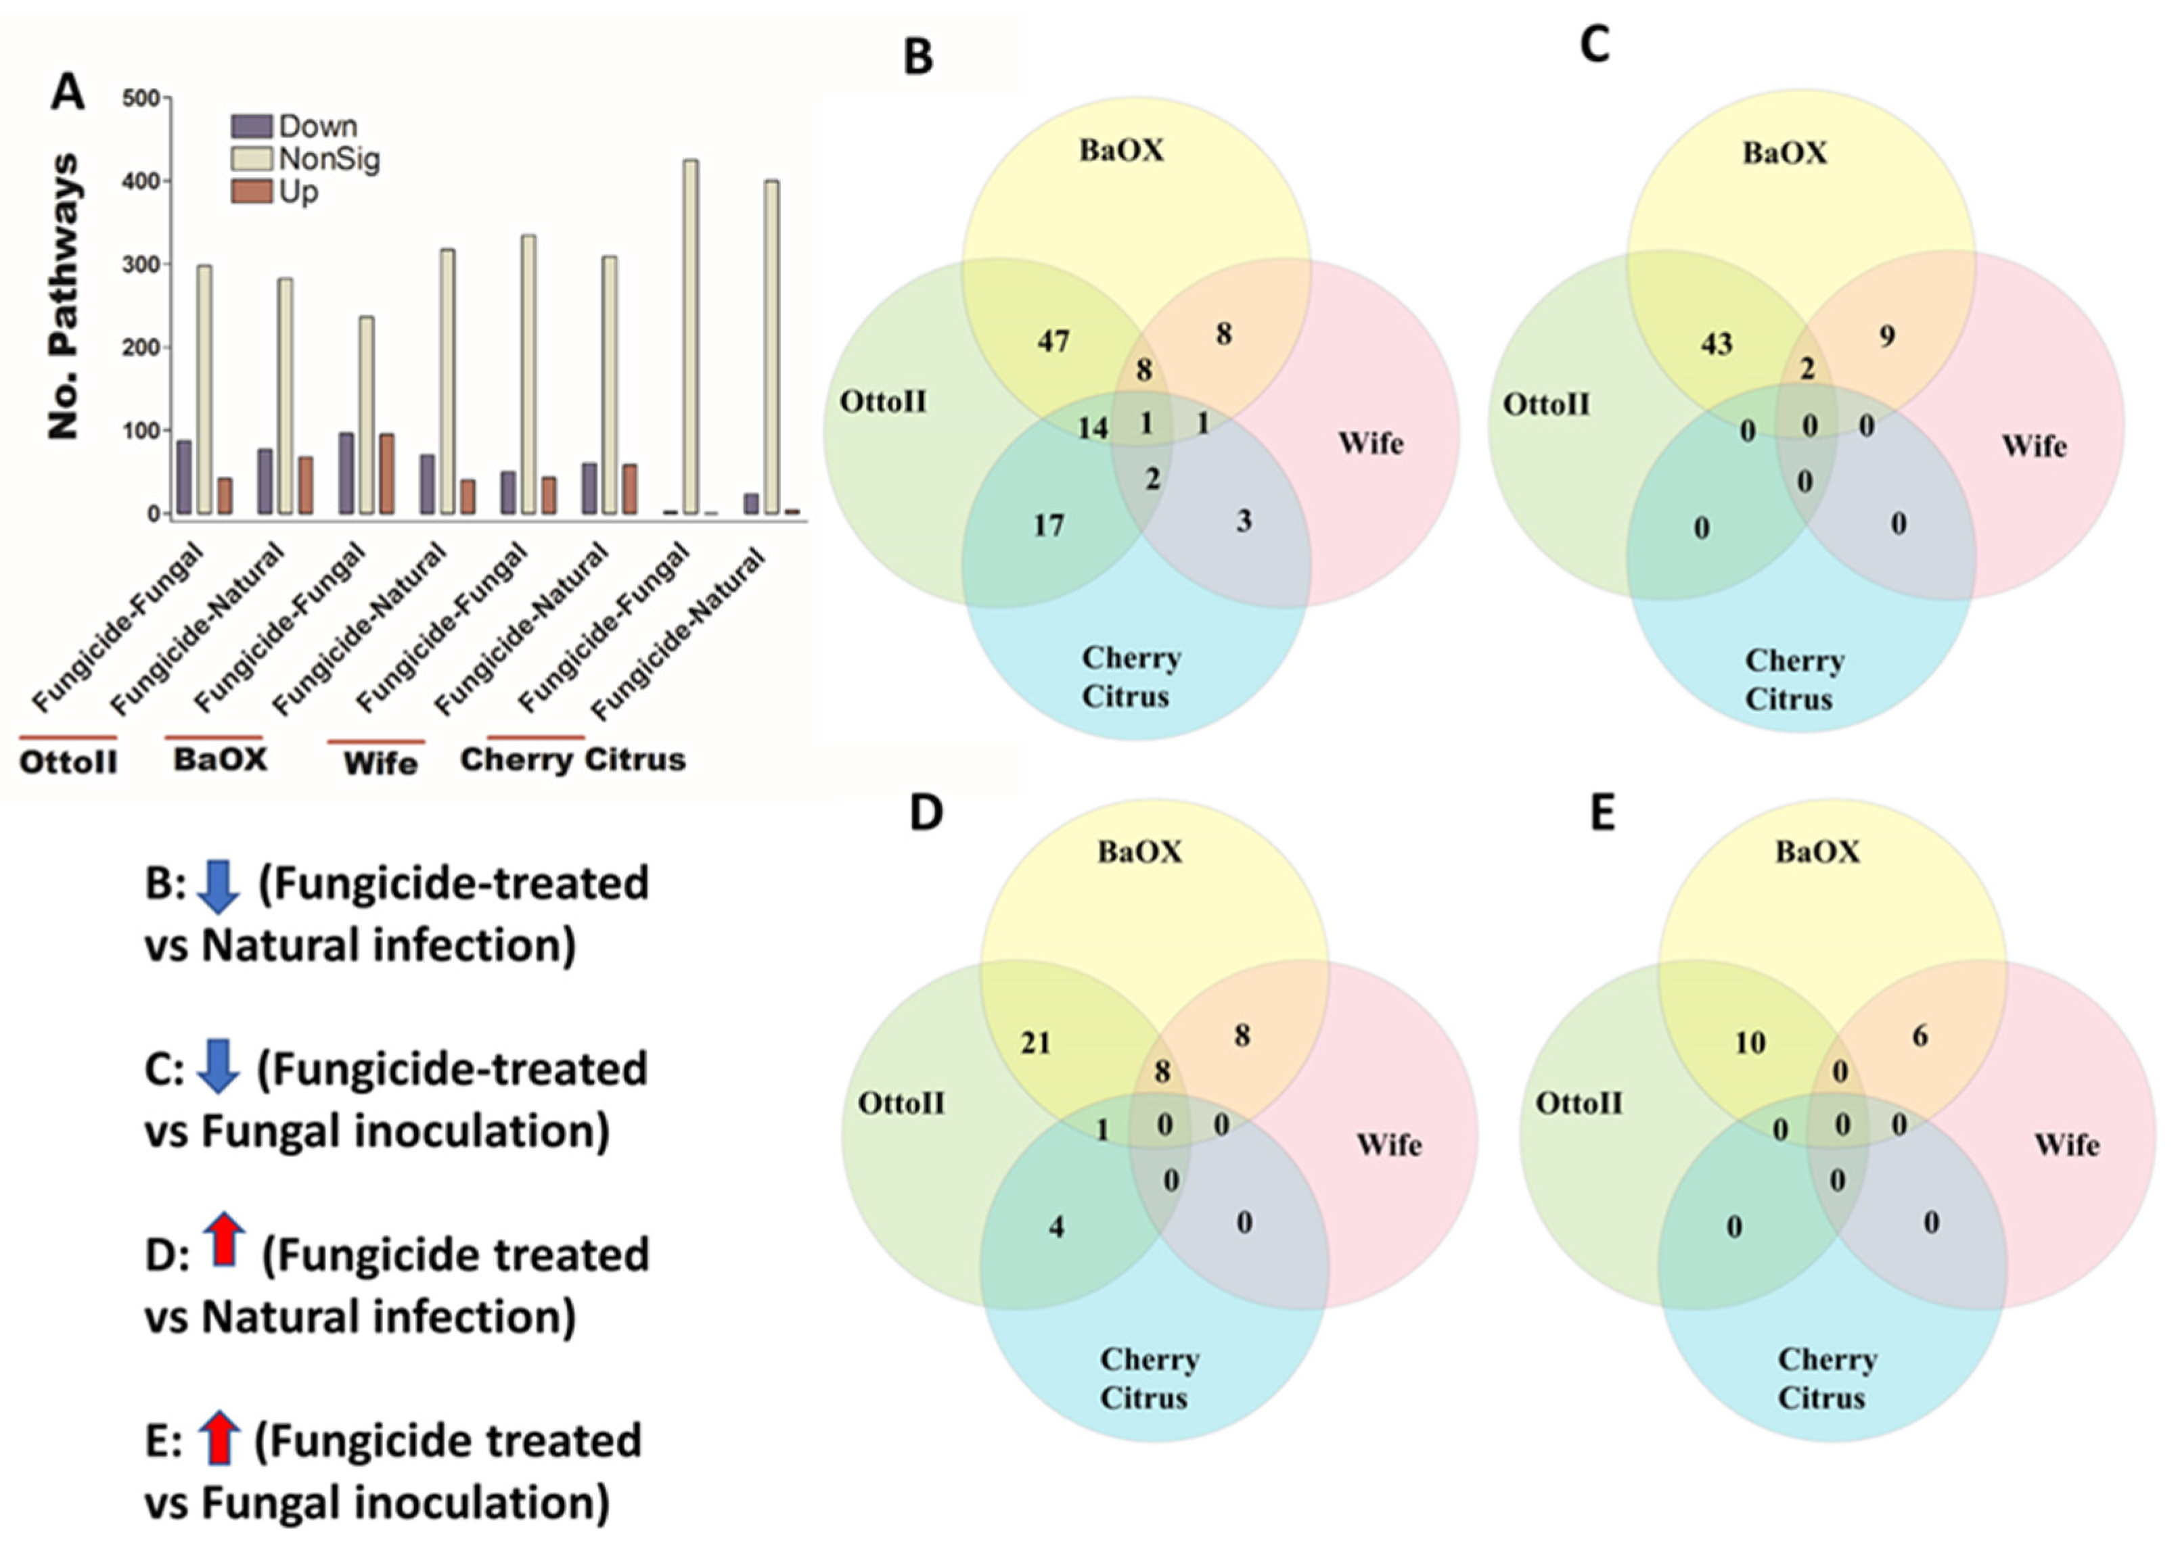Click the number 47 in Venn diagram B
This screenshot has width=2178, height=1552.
[x=1053, y=342]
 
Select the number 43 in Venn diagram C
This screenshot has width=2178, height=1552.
[x=1716, y=344]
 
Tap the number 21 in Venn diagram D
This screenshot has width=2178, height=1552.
[x=1035, y=1043]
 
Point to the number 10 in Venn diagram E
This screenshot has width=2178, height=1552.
[x=1750, y=1043]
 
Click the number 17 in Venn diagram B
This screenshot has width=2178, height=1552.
[x=1049, y=525]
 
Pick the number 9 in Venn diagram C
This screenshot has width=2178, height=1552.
[x=1886, y=336]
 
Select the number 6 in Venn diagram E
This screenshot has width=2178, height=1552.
[x=1920, y=1036]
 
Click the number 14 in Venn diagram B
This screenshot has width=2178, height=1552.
[x=1093, y=428]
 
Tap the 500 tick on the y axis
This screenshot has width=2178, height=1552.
[x=141, y=99]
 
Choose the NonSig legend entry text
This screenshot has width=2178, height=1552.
[x=329, y=159]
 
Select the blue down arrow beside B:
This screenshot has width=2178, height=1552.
[x=218, y=886]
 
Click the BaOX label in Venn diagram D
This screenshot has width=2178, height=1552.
[x=1139, y=851]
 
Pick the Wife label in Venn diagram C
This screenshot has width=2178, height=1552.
[x=2034, y=446]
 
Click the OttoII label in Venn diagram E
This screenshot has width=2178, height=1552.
[x=1579, y=1104]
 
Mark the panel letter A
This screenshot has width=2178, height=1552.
[x=68, y=93]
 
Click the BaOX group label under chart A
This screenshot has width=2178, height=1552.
[x=220, y=759]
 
